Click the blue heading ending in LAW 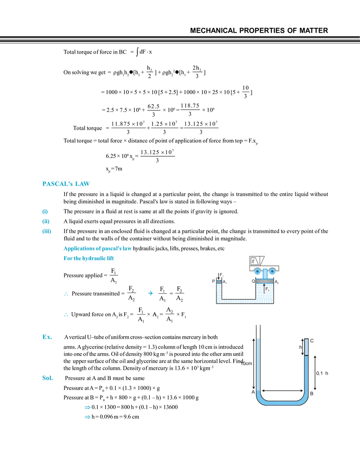click(x=66, y=184)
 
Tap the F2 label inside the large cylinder click(x=268, y=290)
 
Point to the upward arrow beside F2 click(x=264, y=289)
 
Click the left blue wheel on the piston click(x=258, y=272)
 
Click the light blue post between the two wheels click(x=265, y=272)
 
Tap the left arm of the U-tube click(x=258, y=364)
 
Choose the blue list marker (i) click(x=45, y=211)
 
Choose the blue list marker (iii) click(x=46, y=232)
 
